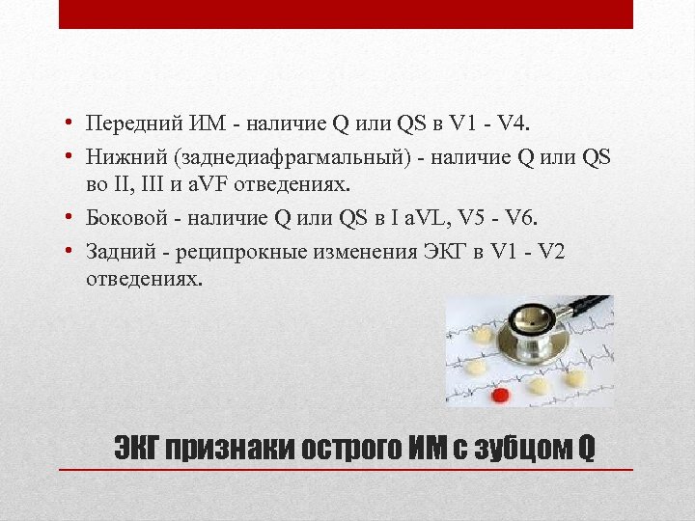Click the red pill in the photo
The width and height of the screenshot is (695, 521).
500,395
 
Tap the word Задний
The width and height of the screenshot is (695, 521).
114,252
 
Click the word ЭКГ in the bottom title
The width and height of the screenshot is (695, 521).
137,449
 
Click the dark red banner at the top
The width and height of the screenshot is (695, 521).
346,14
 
